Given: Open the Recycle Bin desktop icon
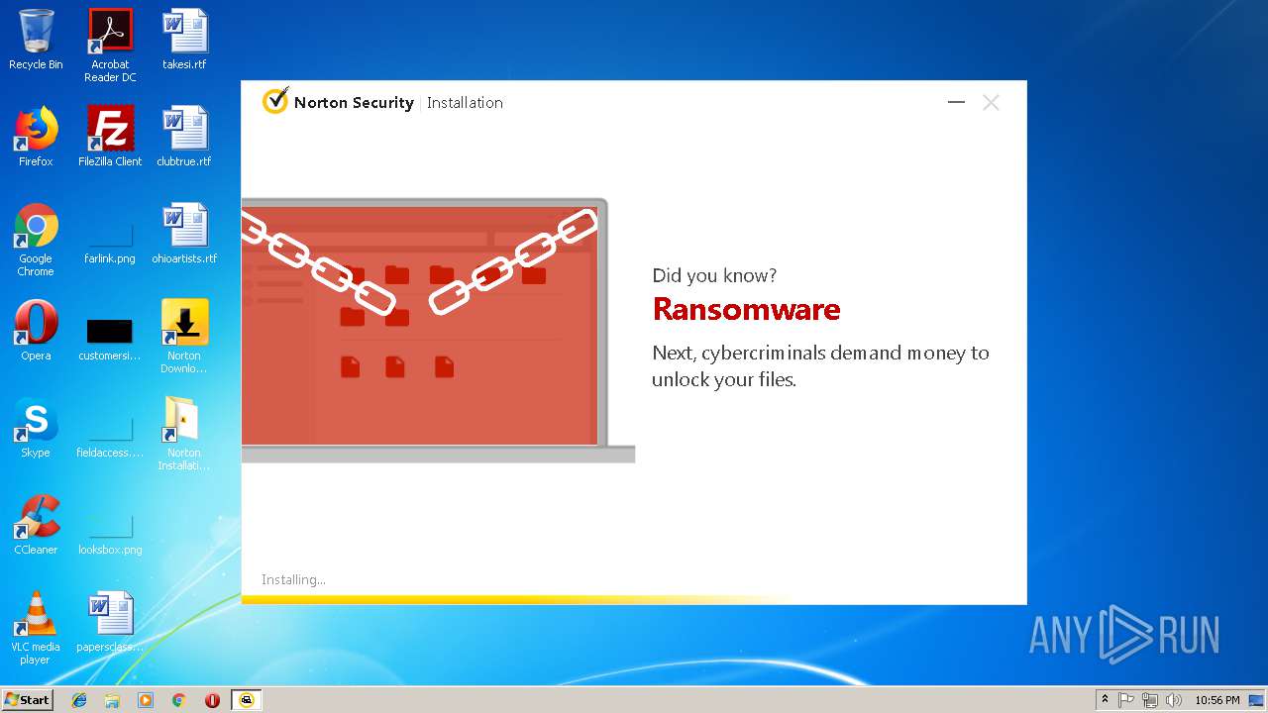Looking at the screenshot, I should tap(36, 32).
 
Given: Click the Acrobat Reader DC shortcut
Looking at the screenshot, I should tap(110, 32).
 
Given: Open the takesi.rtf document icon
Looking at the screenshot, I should tap(184, 32).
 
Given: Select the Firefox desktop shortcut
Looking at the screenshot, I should tap(36, 129).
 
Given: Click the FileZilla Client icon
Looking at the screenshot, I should tap(110, 129).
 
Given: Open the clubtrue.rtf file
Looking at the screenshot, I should tap(184, 129).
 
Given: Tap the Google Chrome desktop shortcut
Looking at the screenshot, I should tap(36, 227).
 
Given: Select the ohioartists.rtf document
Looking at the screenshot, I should tap(184, 227).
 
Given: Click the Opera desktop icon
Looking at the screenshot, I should tap(36, 323).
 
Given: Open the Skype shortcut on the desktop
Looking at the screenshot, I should tap(36, 421).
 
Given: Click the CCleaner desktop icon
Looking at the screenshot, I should tap(36, 518).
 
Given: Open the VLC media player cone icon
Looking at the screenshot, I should tap(36, 615).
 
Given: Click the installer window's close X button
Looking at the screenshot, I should tap(991, 102).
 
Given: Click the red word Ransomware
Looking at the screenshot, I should tap(746, 310).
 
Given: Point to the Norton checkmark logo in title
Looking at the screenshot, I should tap(275, 101).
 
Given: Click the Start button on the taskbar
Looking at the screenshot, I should tap(28, 699).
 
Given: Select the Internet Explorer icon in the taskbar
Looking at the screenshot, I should tap(79, 699).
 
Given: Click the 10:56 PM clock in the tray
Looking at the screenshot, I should tap(1216, 700).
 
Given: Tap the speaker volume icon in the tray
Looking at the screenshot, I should tap(1174, 700).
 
